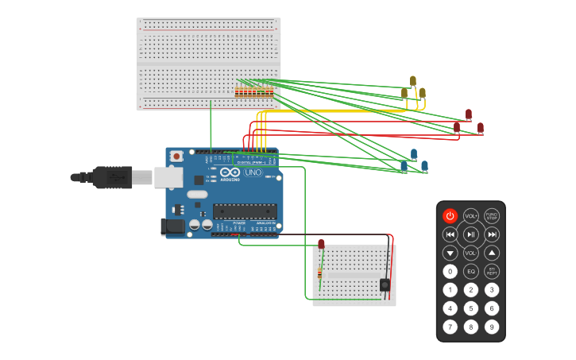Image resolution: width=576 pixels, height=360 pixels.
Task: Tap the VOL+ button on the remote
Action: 470,215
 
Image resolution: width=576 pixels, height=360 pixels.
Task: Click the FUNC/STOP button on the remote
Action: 492,215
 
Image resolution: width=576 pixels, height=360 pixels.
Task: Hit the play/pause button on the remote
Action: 470,234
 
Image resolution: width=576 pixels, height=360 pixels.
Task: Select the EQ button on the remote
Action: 470,271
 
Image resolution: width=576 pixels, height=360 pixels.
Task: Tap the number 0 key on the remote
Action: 450,271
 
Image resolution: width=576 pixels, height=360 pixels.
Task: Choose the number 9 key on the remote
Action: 492,326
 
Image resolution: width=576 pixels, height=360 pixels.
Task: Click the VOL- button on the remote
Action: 470,253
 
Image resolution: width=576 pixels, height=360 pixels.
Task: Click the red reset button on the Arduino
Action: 176,156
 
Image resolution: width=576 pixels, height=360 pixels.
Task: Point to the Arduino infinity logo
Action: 230,172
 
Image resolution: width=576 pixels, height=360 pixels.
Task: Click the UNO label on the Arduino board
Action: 253,172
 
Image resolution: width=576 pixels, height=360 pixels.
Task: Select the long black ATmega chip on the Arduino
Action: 245,211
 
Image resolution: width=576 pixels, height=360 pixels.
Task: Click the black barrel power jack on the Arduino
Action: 172,226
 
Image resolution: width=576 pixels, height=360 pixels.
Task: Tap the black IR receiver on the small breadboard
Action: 385,284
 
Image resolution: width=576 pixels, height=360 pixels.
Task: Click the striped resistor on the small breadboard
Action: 319,274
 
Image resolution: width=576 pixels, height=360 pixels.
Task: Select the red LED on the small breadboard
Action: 321,244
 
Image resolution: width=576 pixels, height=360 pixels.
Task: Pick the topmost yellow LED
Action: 412,80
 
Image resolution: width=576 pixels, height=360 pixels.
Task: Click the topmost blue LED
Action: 413,153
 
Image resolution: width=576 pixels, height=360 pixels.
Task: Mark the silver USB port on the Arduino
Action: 168,177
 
